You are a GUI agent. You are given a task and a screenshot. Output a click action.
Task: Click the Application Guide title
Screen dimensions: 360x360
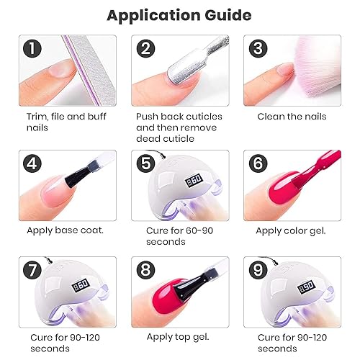(179, 15)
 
